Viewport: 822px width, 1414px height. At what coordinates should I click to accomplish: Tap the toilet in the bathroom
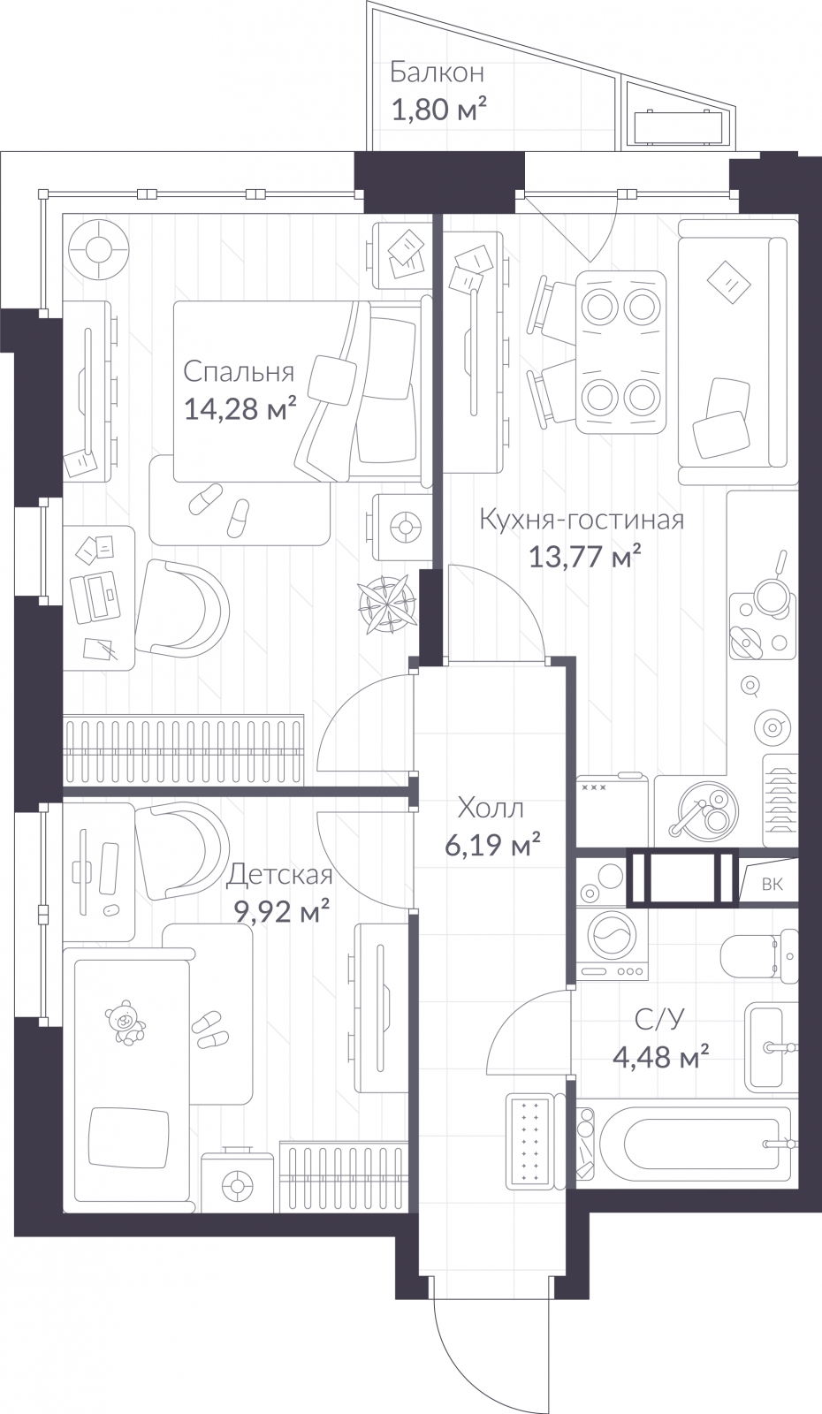coord(758,957)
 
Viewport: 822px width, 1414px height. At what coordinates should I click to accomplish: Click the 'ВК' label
coord(773,884)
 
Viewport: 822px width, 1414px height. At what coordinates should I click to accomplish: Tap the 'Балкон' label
coord(437,73)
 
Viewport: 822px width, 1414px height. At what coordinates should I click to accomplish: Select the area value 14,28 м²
coord(240,409)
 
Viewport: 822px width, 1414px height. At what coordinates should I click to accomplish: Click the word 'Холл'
coord(491,808)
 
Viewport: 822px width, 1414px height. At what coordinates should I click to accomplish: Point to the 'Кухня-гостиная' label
coord(582,521)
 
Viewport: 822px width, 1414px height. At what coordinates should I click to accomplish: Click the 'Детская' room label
coord(279,875)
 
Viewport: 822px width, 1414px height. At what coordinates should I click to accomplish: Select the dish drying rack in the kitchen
coord(780,801)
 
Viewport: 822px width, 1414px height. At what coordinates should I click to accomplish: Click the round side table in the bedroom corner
coord(99,248)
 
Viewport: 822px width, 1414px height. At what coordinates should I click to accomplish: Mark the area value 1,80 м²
coord(438,110)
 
